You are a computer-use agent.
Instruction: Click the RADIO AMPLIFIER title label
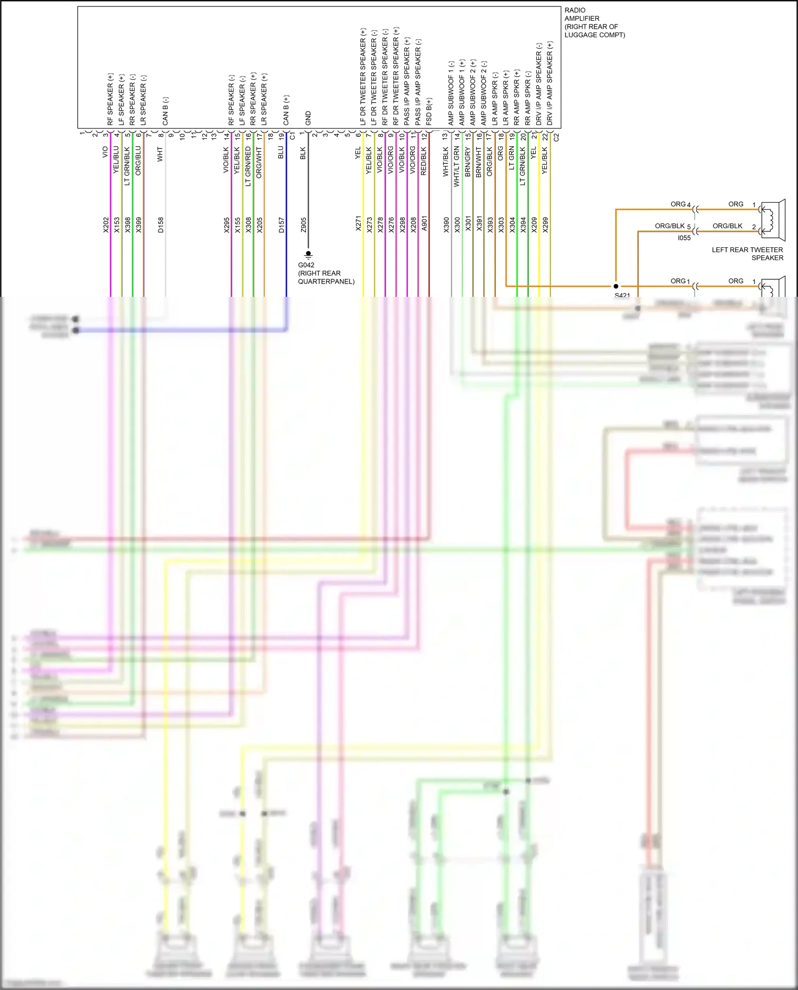594,22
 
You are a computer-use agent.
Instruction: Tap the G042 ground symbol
308,254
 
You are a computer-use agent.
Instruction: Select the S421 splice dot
616,286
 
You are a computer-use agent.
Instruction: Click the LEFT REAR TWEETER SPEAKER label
747,254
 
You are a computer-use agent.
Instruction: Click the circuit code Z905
304,224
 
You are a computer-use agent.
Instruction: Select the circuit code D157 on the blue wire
281,224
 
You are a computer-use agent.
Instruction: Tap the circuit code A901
424,223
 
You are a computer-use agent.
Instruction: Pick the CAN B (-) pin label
165,111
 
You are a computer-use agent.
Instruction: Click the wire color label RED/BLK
423,161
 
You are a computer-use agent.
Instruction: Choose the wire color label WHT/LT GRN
456,167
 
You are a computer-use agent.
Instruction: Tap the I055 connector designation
684,238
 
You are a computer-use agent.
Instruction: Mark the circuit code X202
106,224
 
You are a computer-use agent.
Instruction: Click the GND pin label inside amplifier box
308,118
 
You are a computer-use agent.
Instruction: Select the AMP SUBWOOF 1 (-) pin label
451,93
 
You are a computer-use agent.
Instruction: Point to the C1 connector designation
292,137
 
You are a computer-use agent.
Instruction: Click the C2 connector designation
556,137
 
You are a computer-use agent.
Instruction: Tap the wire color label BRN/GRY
468,162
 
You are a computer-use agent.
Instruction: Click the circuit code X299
545,224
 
